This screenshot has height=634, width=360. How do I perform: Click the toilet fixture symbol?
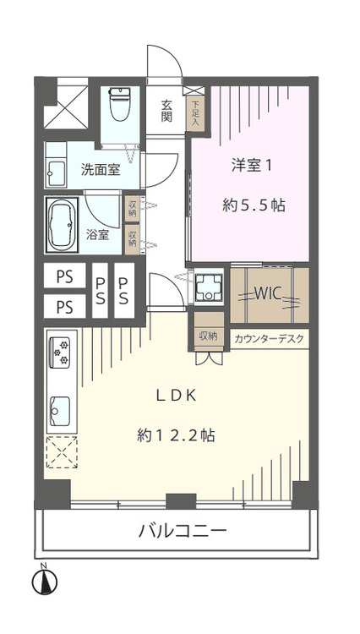[x=120, y=103]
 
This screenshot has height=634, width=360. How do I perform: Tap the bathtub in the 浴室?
[x=63, y=225]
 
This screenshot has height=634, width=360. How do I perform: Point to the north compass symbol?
[x=45, y=582]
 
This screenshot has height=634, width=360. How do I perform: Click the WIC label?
[x=268, y=294]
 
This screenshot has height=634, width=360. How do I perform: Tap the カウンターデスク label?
[x=269, y=339]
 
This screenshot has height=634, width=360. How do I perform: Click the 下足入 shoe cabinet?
[x=195, y=112]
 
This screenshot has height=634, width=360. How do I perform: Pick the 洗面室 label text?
[x=101, y=170]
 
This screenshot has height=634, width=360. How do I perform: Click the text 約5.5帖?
[x=254, y=205]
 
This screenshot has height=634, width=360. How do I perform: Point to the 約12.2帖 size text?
[x=176, y=435]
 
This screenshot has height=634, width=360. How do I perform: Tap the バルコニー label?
[x=183, y=531]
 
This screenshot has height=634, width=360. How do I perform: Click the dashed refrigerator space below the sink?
[x=62, y=452]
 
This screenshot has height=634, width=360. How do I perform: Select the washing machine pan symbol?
[x=208, y=287]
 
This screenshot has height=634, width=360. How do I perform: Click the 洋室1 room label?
[x=251, y=167]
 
